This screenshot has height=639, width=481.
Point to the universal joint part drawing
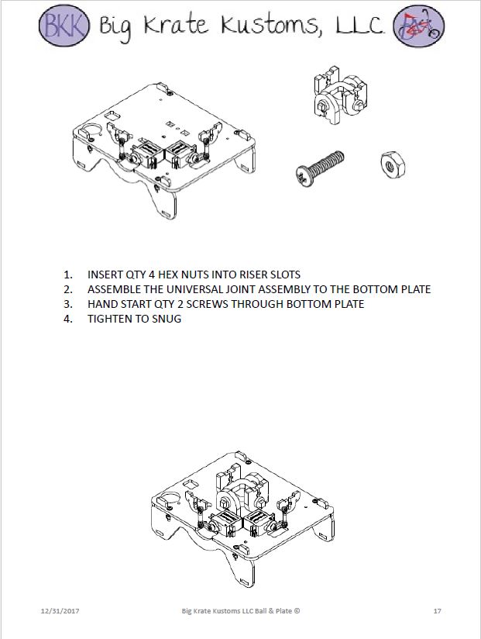338,98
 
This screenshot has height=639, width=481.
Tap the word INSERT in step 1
105,275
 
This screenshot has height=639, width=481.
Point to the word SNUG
167,319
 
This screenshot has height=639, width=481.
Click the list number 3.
67,304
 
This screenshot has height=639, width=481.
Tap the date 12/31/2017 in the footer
60,612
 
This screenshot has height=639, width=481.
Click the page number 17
438,612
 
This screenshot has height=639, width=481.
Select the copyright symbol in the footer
297,612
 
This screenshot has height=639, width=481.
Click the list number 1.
67,275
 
